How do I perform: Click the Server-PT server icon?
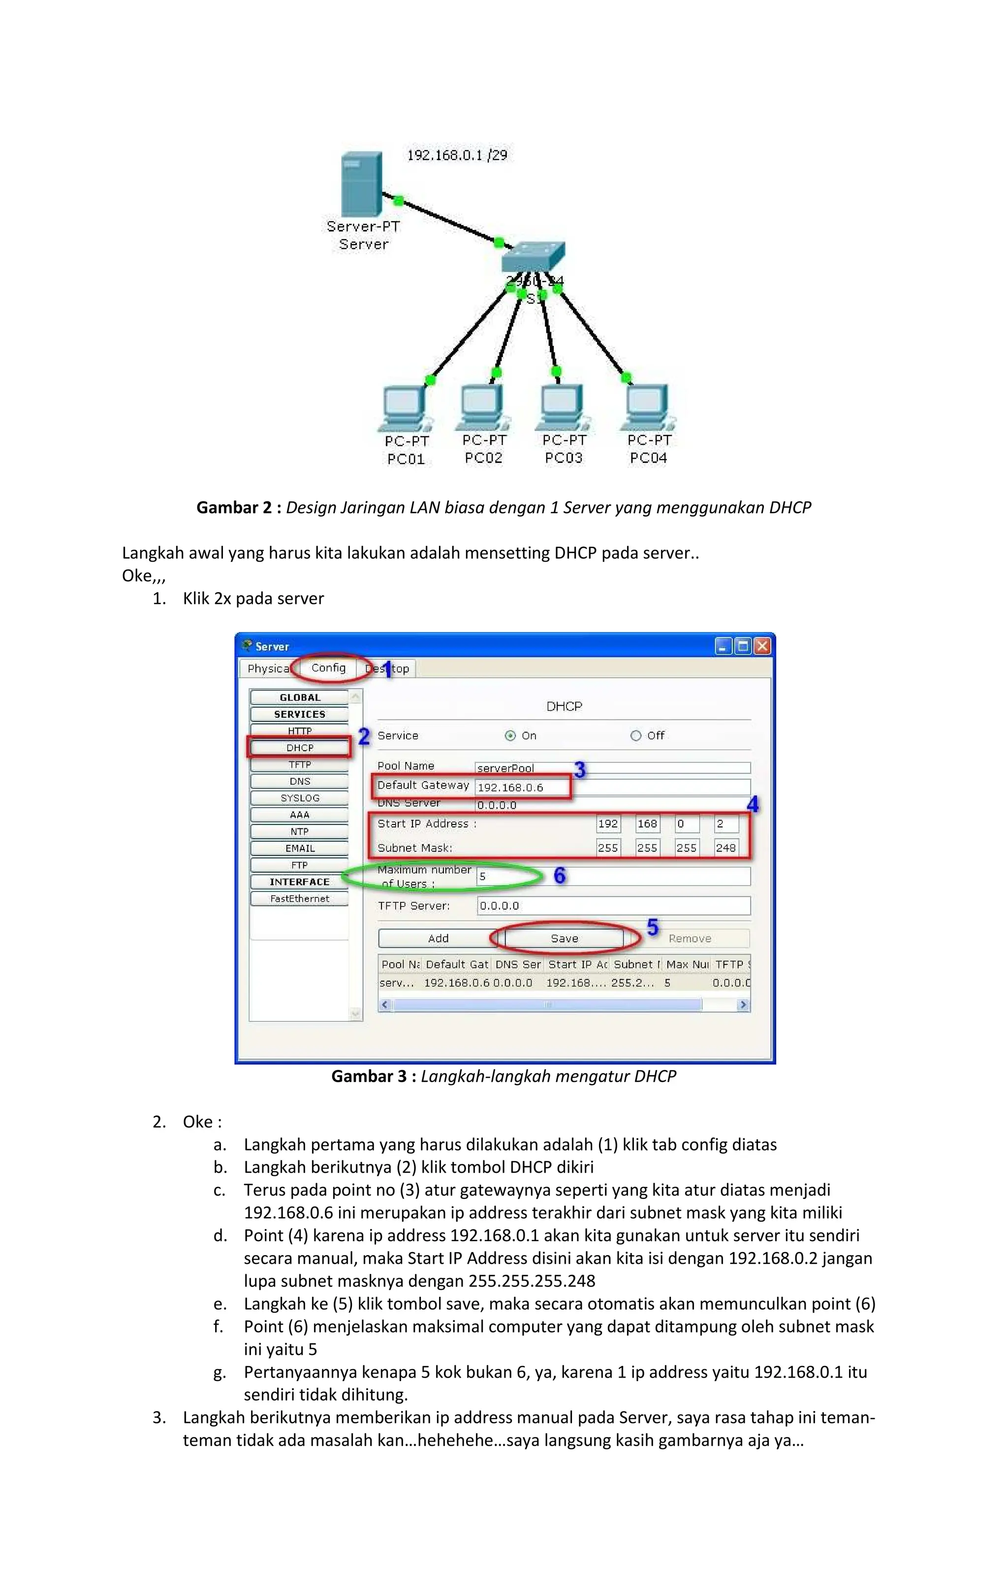361,183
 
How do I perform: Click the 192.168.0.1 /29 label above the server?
457,155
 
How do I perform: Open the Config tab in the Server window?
328,667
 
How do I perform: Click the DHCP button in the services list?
299,748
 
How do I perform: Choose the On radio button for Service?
510,736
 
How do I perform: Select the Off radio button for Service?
635,736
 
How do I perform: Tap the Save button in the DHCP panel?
565,939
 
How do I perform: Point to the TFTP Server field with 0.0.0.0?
613,906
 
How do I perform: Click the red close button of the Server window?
762,646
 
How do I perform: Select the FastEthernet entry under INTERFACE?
299,898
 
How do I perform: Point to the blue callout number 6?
559,875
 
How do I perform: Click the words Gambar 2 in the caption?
234,507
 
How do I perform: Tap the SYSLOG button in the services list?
299,798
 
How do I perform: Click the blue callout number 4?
753,804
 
